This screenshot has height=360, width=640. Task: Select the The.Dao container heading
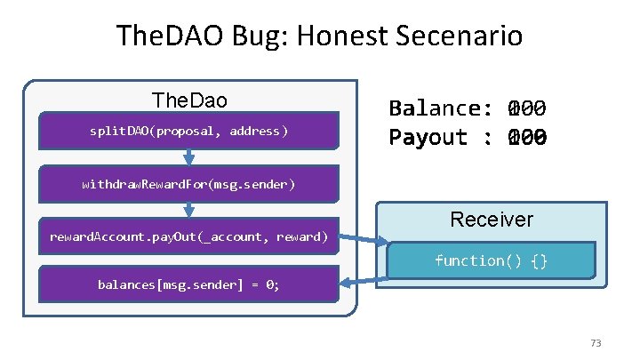click(189, 100)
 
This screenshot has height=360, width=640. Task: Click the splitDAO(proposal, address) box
click(189, 132)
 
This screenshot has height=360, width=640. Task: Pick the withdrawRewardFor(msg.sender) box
click(188, 185)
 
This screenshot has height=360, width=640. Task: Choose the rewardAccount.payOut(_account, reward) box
click(188, 236)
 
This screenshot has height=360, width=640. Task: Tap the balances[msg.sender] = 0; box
click(188, 285)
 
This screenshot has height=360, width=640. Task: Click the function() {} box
click(492, 260)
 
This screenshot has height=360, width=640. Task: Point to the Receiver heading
click(492, 219)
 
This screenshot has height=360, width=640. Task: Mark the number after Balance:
click(525, 108)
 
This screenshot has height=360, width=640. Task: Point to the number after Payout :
click(525, 138)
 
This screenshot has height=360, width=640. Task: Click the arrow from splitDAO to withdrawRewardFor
click(189, 156)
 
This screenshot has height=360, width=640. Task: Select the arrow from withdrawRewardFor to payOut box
click(189, 210)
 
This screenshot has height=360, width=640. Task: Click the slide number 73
click(596, 343)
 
